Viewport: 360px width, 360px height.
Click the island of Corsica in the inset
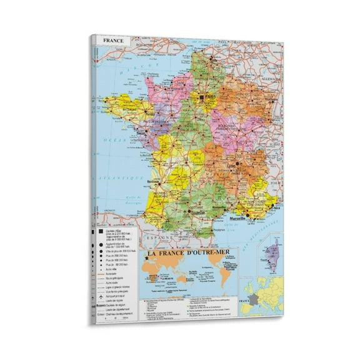click(273, 256)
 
